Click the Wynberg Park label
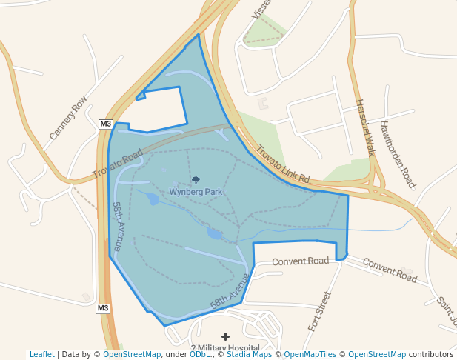pos(196,192)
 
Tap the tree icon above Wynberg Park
pos(196,180)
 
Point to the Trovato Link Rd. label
pos(284,164)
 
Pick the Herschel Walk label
pos(366,127)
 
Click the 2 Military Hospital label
pos(225,349)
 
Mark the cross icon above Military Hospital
pos(225,336)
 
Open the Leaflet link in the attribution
pos(42,354)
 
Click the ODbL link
pos(199,354)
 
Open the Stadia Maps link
pos(253,354)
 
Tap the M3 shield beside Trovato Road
pos(105,124)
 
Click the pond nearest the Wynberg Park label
pos(153,199)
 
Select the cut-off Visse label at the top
pos(261,9)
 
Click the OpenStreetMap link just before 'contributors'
pos(377,354)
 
